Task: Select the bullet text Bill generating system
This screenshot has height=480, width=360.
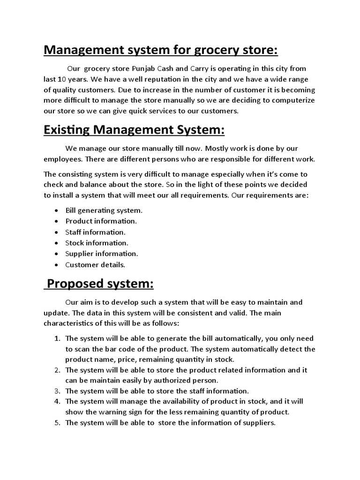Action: click(104, 210)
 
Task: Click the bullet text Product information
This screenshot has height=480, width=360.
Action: click(101, 221)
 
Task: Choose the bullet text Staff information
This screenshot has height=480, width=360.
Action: click(96, 232)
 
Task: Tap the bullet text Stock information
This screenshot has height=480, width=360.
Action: click(97, 243)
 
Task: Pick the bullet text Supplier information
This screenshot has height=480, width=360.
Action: click(102, 254)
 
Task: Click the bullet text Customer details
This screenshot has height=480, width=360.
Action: click(96, 265)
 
